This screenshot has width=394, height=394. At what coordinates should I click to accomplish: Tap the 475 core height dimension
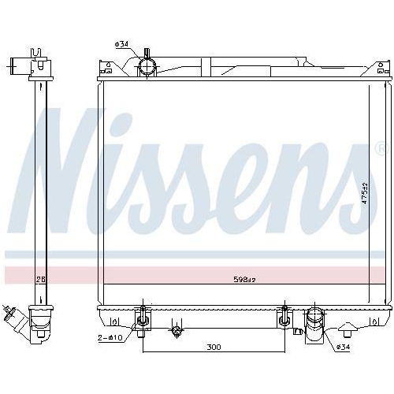pos(364,193)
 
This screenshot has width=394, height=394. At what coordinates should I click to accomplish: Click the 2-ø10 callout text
pos(110,337)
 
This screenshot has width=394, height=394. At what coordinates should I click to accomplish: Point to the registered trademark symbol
pos(381,149)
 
